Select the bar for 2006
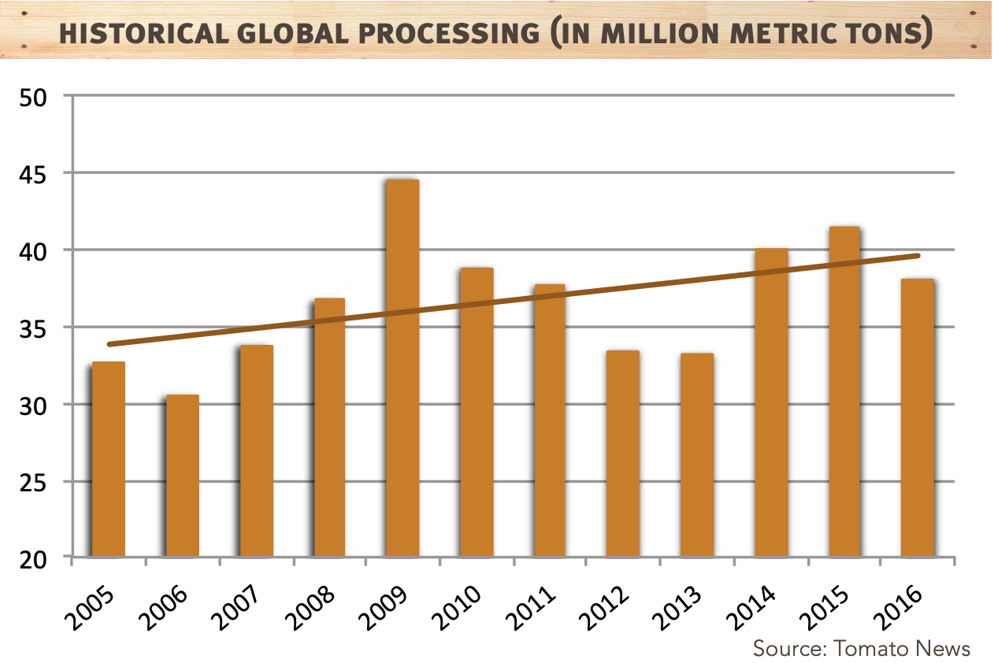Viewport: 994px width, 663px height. pyautogui.click(x=182, y=476)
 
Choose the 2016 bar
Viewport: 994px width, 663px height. pyautogui.click(x=917, y=417)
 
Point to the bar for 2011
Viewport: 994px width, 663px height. pyautogui.click(x=549, y=420)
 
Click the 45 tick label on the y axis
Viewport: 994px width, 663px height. pyautogui.click(x=35, y=173)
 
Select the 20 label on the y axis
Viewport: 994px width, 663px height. pyautogui.click(x=35, y=559)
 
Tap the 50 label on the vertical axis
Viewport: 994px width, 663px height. pyautogui.click(x=35, y=97)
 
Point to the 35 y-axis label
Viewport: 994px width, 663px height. pyautogui.click(x=35, y=328)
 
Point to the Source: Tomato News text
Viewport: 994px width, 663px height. pyautogui.click(x=861, y=648)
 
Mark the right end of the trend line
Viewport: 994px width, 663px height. pyautogui.click(x=918, y=255)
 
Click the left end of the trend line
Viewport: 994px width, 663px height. pyautogui.click(x=109, y=344)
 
